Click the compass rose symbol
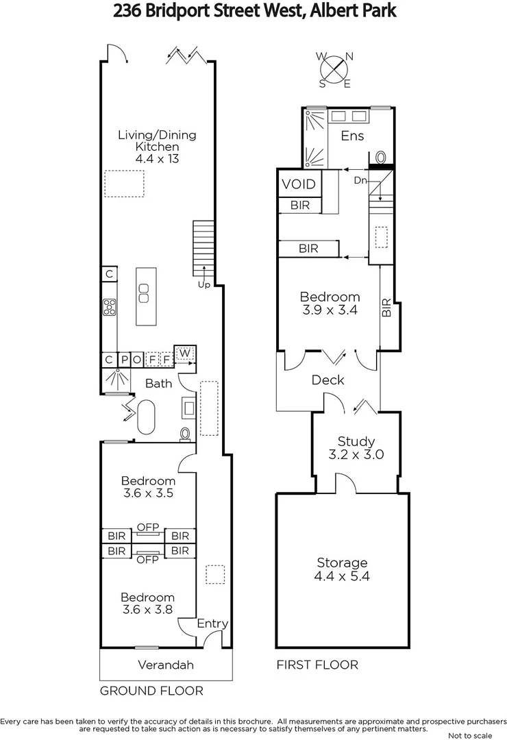(334, 70)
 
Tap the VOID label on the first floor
(299, 184)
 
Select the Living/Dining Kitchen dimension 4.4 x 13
(157, 159)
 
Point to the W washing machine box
(185, 354)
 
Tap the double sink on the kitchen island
(143, 293)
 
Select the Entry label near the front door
(212, 624)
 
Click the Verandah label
(166, 665)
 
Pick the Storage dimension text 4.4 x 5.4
(342, 576)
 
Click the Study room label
(356, 441)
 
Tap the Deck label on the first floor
(327, 380)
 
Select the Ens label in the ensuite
(352, 136)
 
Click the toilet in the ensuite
(382, 156)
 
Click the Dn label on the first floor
(360, 181)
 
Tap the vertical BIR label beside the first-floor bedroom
(386, 306)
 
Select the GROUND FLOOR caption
(151, 691)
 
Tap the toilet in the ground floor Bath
(184, 434)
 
